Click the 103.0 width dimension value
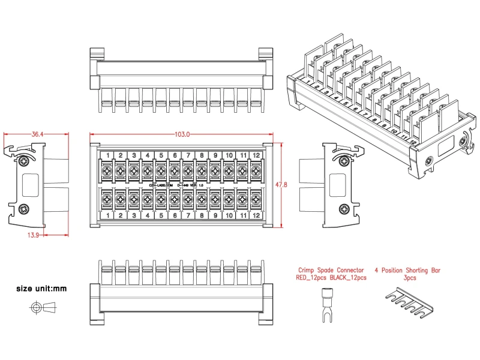pyautogui.click(x=182, y=134)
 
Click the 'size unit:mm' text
pyautogui.click(x=41, y=289)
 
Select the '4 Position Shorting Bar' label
pyautogui.click(x=407, y=270)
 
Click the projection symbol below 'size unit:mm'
pyautogui.click(x=41, y=308)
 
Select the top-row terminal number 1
pyautogui.click(x=107, y=156)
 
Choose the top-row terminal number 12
pyautogui.click(x=256, y=156)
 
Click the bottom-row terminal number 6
pyautogui.click(x=175, y=215)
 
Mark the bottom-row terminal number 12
pyautogui.click(x=256, y=215)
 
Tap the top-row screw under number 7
pyautogui.click(x=188, y=171)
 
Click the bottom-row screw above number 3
pyautogui.click(x=134, y=199)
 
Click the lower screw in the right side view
pyautogui.click(x=343, y=208)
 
